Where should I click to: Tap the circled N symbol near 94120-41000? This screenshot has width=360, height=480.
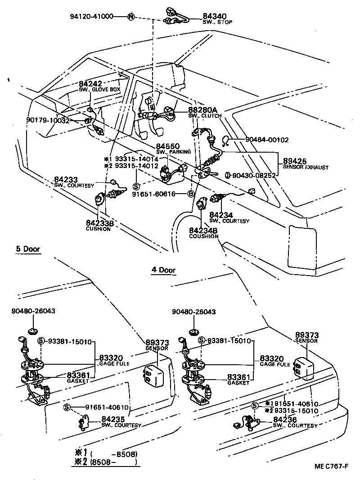click(130, 17)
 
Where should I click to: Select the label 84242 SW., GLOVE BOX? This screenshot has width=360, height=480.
click(94, 86)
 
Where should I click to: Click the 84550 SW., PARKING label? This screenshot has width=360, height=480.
click(168, 149)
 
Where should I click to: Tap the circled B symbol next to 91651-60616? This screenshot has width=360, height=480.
click(191, 194)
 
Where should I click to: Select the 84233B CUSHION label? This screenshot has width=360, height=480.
click(98, 225)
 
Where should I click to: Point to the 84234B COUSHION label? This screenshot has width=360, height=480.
click(203, 233)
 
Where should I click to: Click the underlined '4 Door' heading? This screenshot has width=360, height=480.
click(163, 270)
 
